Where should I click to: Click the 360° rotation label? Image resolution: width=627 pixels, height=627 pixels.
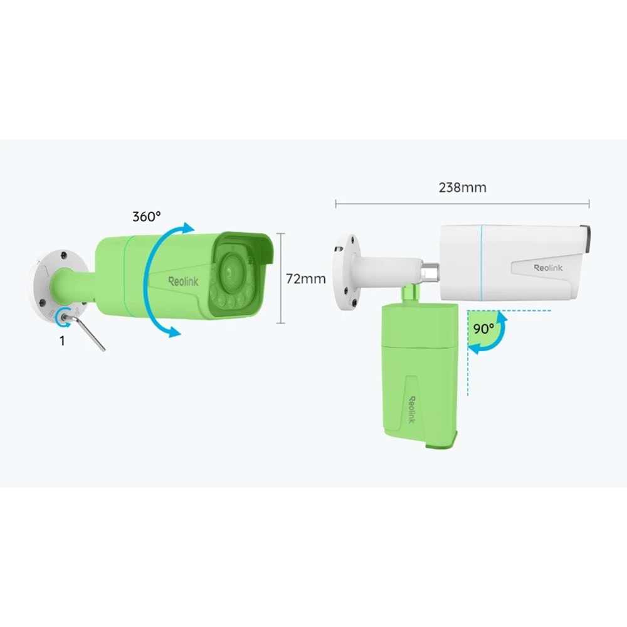tap(146, 216)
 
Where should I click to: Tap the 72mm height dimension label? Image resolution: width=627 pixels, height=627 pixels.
tap(306, 278)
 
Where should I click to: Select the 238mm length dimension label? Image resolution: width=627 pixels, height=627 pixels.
tap(462, 187)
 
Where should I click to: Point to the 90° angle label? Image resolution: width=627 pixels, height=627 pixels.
tap(483, 328)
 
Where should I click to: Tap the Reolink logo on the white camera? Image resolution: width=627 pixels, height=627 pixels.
tap(548, 268)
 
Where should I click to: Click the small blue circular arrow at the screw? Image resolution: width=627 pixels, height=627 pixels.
tap(62, 317)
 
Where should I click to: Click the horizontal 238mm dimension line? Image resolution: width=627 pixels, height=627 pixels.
tap(462, 203)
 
